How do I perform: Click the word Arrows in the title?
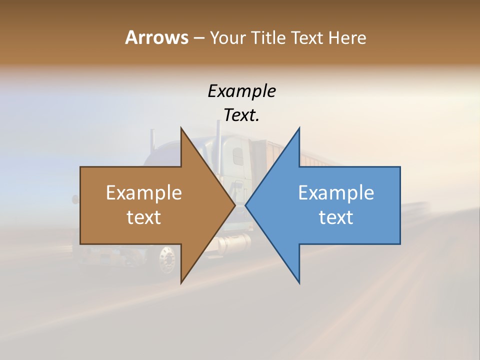point(156,37)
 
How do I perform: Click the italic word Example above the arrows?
point(241,91)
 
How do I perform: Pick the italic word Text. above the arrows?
point(241,115)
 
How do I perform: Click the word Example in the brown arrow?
point(143,193)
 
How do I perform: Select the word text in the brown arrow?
point(143,217)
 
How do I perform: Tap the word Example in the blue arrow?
point(336,193)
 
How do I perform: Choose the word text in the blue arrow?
point(336,217)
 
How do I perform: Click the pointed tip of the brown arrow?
point(234,205)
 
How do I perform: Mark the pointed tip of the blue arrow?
point(246,205)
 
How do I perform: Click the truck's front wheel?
point(167,259)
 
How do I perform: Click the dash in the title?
point(198,38)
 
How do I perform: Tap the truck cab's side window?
point(238,155)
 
